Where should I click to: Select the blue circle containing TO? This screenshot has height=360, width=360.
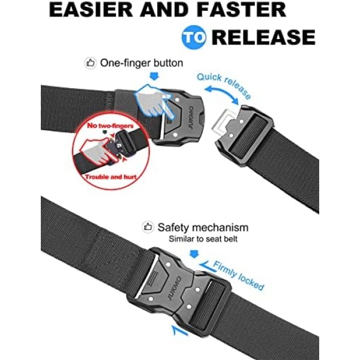(194, 37)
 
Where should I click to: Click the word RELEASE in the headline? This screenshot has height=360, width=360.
(263, 37)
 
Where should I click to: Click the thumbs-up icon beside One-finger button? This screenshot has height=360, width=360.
(90, 63)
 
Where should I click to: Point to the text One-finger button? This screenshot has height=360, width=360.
(142, 63)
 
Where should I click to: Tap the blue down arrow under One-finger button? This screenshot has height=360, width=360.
(154, 76)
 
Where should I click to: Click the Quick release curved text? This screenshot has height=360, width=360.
(224, 86)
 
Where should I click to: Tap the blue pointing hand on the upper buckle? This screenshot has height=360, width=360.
(154, 101)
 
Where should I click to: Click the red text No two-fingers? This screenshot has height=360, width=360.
(110, 125)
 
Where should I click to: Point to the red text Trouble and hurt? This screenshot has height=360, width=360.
(110, 177)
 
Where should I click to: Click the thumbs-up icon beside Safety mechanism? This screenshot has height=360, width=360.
(148, 227)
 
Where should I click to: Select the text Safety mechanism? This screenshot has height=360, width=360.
(203, 227)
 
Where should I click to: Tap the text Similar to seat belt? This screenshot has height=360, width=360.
(203, 239)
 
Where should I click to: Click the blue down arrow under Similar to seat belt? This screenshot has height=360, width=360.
(194, 254)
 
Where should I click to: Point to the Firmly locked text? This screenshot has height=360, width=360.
(238, 276)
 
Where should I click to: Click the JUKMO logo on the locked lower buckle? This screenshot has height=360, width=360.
(174, 288)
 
